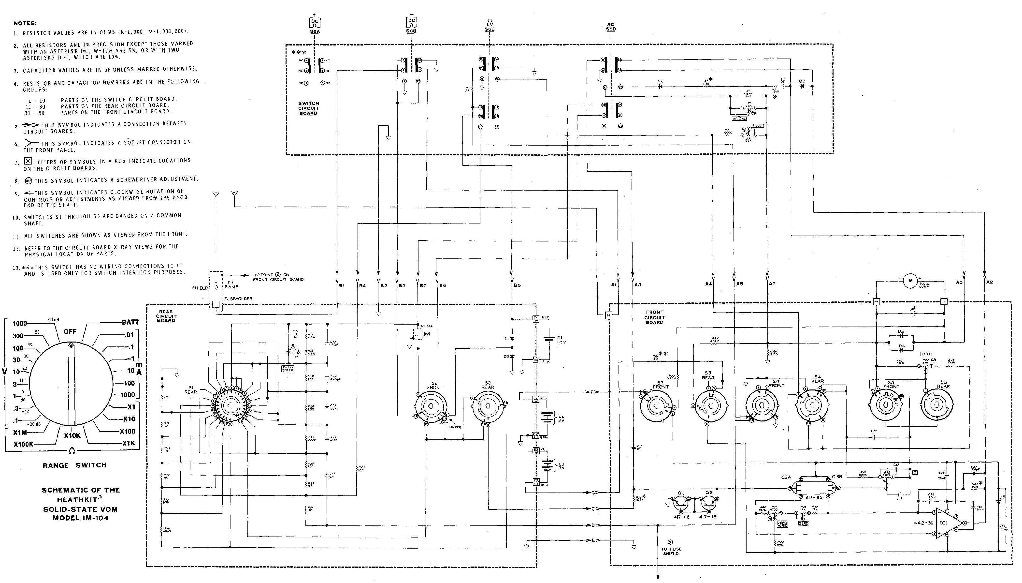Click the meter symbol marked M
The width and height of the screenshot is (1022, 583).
[x=910, y=281]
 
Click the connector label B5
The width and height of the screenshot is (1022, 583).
[x=518, y=285]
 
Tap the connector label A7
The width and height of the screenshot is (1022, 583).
[x=772, y=284]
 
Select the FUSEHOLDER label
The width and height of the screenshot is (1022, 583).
[x=238, y=299]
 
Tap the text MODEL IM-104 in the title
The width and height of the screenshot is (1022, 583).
[x=80, y=518]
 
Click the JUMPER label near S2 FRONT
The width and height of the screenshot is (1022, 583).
[x=454, y=427]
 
